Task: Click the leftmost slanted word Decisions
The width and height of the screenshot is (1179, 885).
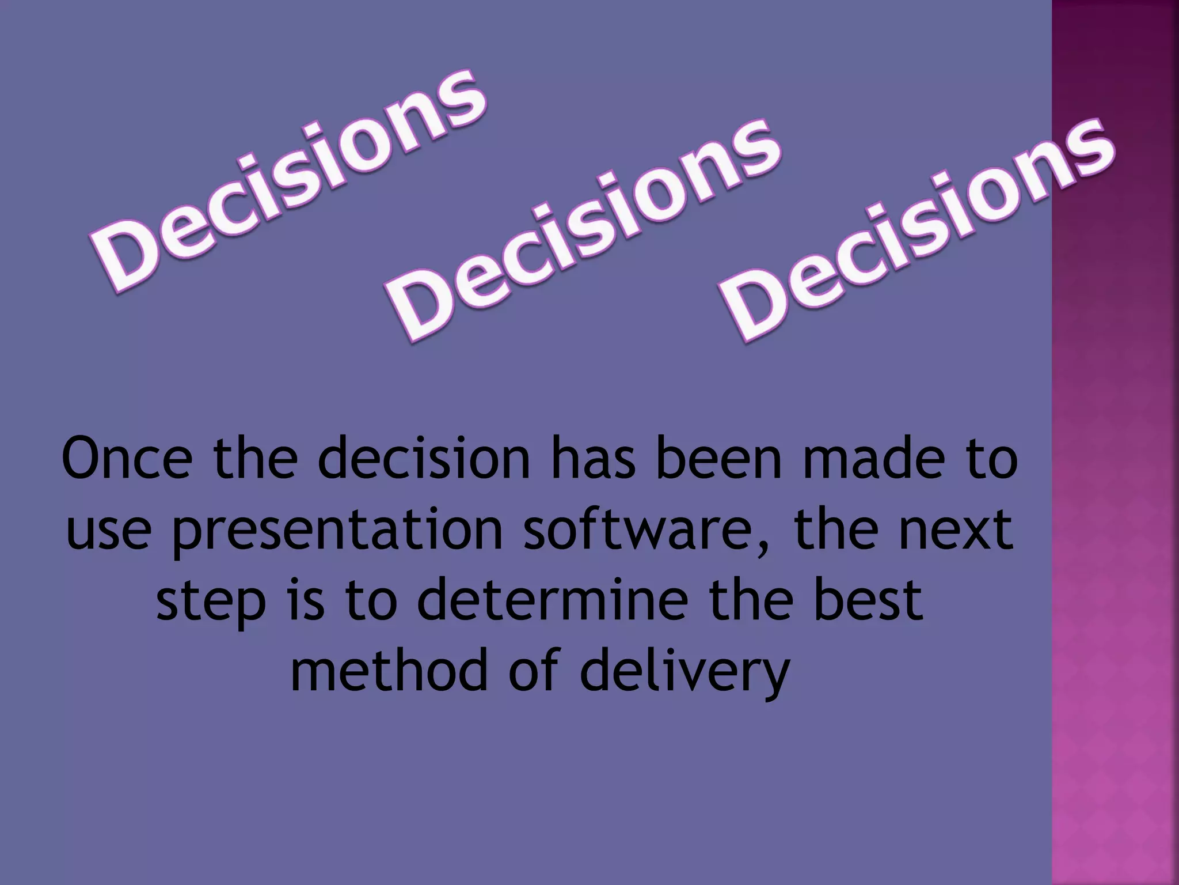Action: coord(288,181)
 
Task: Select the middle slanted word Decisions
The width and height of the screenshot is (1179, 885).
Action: coord(584,230)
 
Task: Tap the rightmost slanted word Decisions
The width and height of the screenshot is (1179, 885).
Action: coord(918,230)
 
